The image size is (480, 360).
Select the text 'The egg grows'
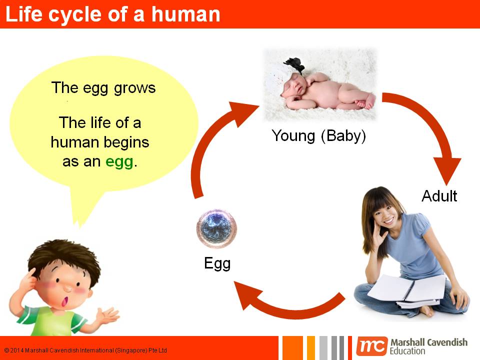(103, 88)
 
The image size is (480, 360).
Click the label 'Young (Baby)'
(318, 135)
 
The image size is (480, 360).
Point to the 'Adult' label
(439, 195)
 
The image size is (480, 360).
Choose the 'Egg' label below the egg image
(217, 263)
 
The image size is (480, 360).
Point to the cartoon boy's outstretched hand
(107, 315)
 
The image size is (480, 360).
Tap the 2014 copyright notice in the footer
(85, 350)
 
